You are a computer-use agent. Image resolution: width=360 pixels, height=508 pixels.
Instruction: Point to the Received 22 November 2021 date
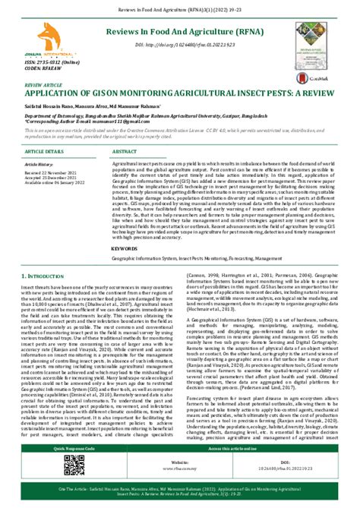(x=53, y=172)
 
